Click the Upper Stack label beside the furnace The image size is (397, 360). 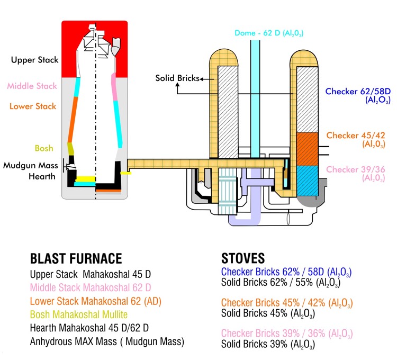click(35, 60)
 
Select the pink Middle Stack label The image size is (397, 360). click(32, 86)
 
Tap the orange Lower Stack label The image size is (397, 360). click(32, 106)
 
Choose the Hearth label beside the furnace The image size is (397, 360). click(42, 176)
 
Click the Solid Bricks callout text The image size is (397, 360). click(177, 78)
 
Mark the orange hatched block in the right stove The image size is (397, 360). click(305, 148)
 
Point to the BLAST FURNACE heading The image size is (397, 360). click(76, 259)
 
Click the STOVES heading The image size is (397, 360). click(243, 259)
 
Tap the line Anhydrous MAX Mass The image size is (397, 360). click(107, 342)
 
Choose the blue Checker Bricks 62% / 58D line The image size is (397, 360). click(286, 273)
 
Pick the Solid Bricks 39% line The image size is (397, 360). click(268, 345)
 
